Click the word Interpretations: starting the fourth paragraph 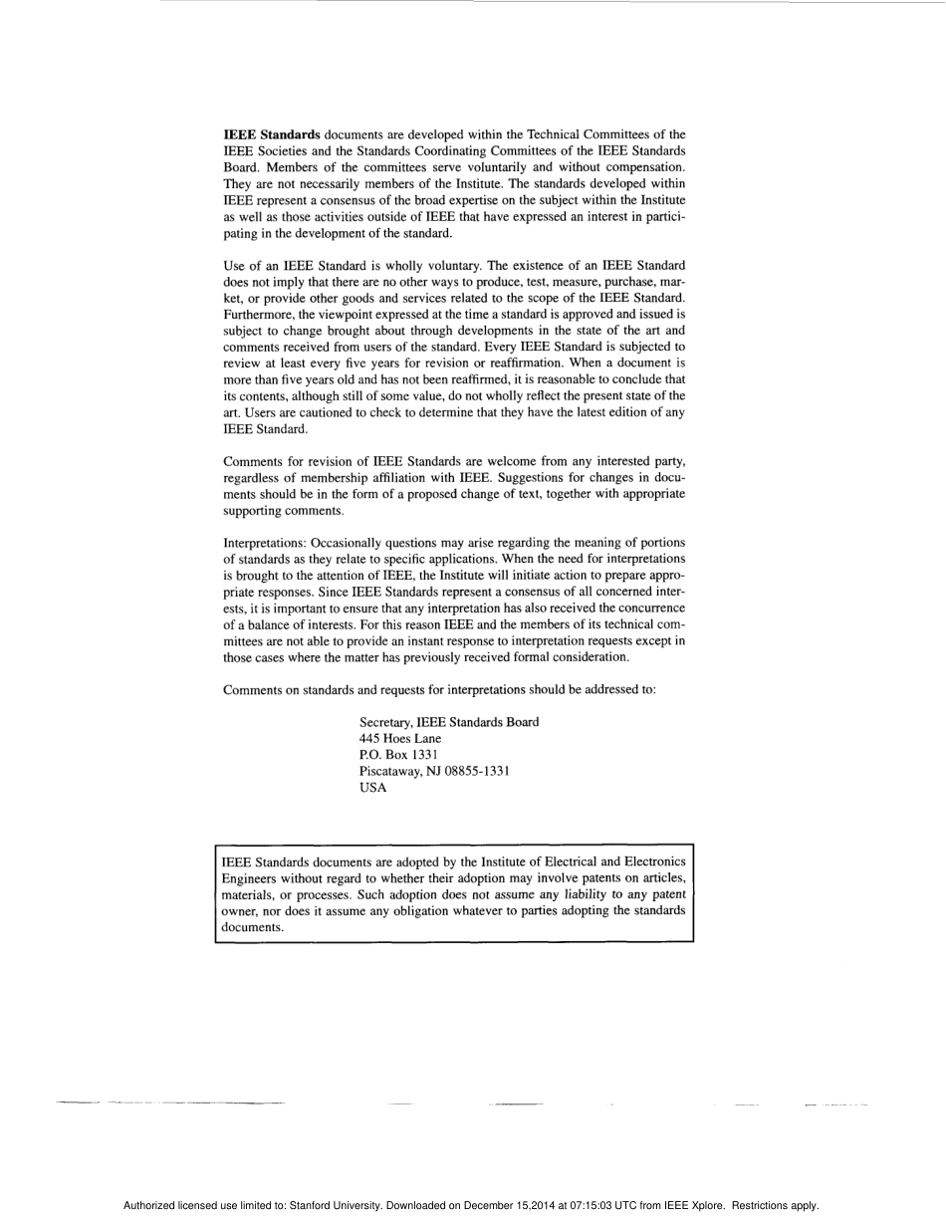266,543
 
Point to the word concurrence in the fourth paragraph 647,608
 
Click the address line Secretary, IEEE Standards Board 448,722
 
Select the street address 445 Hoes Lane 399,739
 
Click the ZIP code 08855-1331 471,771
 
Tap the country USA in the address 372,788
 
